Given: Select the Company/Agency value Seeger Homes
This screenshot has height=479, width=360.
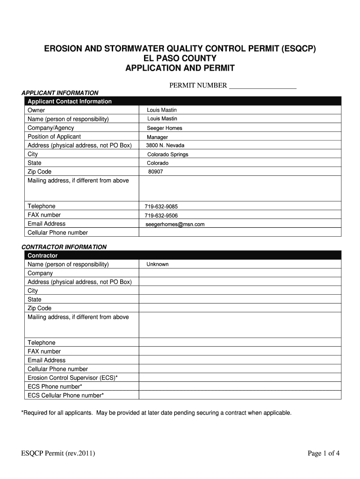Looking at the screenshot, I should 165,128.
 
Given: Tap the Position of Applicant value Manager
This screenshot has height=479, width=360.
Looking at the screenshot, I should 158,137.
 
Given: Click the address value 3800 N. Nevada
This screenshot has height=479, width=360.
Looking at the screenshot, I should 165,145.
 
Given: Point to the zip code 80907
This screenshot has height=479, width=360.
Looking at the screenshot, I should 156,172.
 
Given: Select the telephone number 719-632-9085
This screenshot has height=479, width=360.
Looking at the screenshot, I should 161,207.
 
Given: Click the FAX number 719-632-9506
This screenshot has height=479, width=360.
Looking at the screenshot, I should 161,216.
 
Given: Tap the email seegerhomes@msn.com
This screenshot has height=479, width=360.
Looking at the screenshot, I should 175,225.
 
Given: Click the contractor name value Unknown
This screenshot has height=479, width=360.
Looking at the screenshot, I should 158,264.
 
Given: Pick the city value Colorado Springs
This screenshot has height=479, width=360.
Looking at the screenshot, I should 168,154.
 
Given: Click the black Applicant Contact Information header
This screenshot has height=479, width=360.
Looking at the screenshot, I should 70,102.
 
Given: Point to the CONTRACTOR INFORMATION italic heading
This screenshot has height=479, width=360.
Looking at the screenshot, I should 65,247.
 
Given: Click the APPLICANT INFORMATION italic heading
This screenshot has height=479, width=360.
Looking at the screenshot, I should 60,93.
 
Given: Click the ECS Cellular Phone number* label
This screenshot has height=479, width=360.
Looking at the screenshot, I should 65,396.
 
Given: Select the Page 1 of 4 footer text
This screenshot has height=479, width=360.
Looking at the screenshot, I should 324,453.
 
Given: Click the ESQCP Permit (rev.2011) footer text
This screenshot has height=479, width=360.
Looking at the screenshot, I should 58,453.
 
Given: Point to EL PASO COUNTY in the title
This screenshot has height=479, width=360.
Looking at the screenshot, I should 180,58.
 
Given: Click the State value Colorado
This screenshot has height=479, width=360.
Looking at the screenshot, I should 158,163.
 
